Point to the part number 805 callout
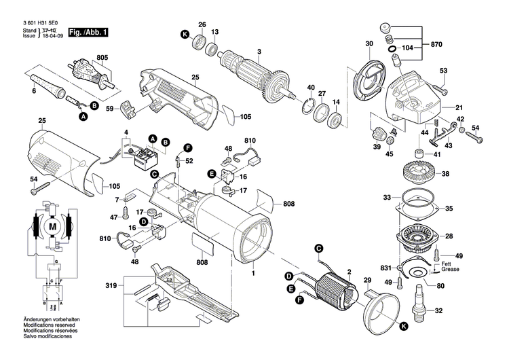102,57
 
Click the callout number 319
111,286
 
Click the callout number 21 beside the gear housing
459,107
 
